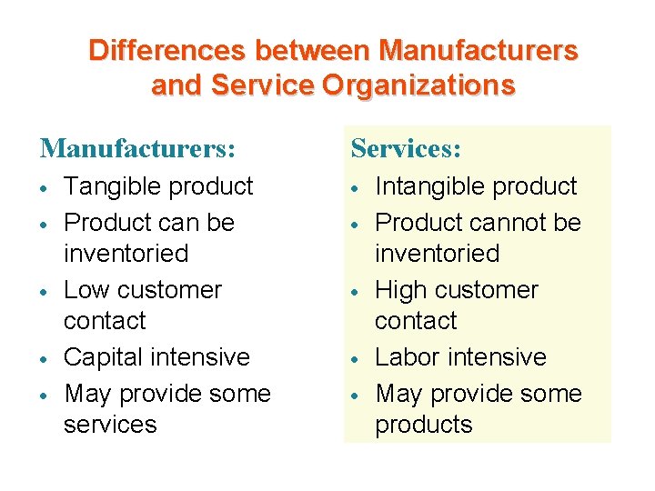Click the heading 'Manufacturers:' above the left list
(x=137, y=147)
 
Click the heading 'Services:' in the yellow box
(x=406, y=147)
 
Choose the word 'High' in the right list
(x=403, y=290)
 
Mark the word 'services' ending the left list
(x=110, y=425)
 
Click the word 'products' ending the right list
(x=424, y=425)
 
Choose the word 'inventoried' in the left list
(x=126, y=253)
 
